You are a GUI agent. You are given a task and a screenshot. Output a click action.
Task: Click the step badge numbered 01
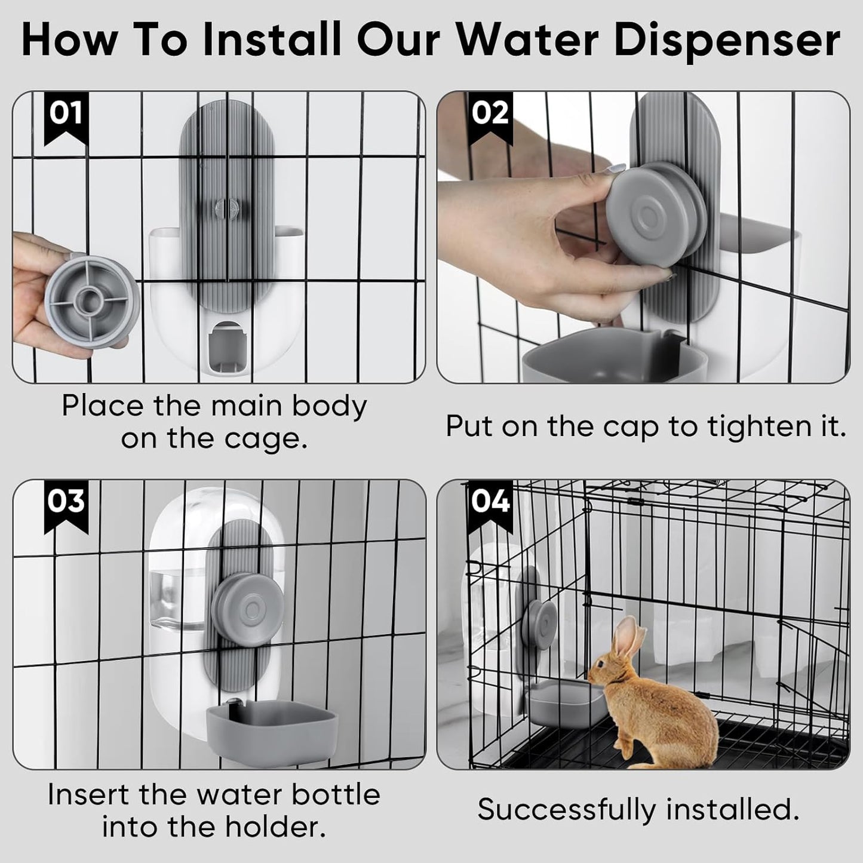pyautogui.click(x=66, y=116)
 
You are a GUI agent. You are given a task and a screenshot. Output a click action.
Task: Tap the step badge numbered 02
pyautogui.click(x=490, y=116)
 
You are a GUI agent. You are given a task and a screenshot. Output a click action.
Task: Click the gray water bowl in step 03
pyautogui.click(x=272, y=732)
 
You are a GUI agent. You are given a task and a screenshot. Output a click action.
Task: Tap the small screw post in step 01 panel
pyautogui.click(x=226, y=208)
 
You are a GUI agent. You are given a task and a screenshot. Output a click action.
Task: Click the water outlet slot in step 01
pyautogui.click(x=226, y=346)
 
